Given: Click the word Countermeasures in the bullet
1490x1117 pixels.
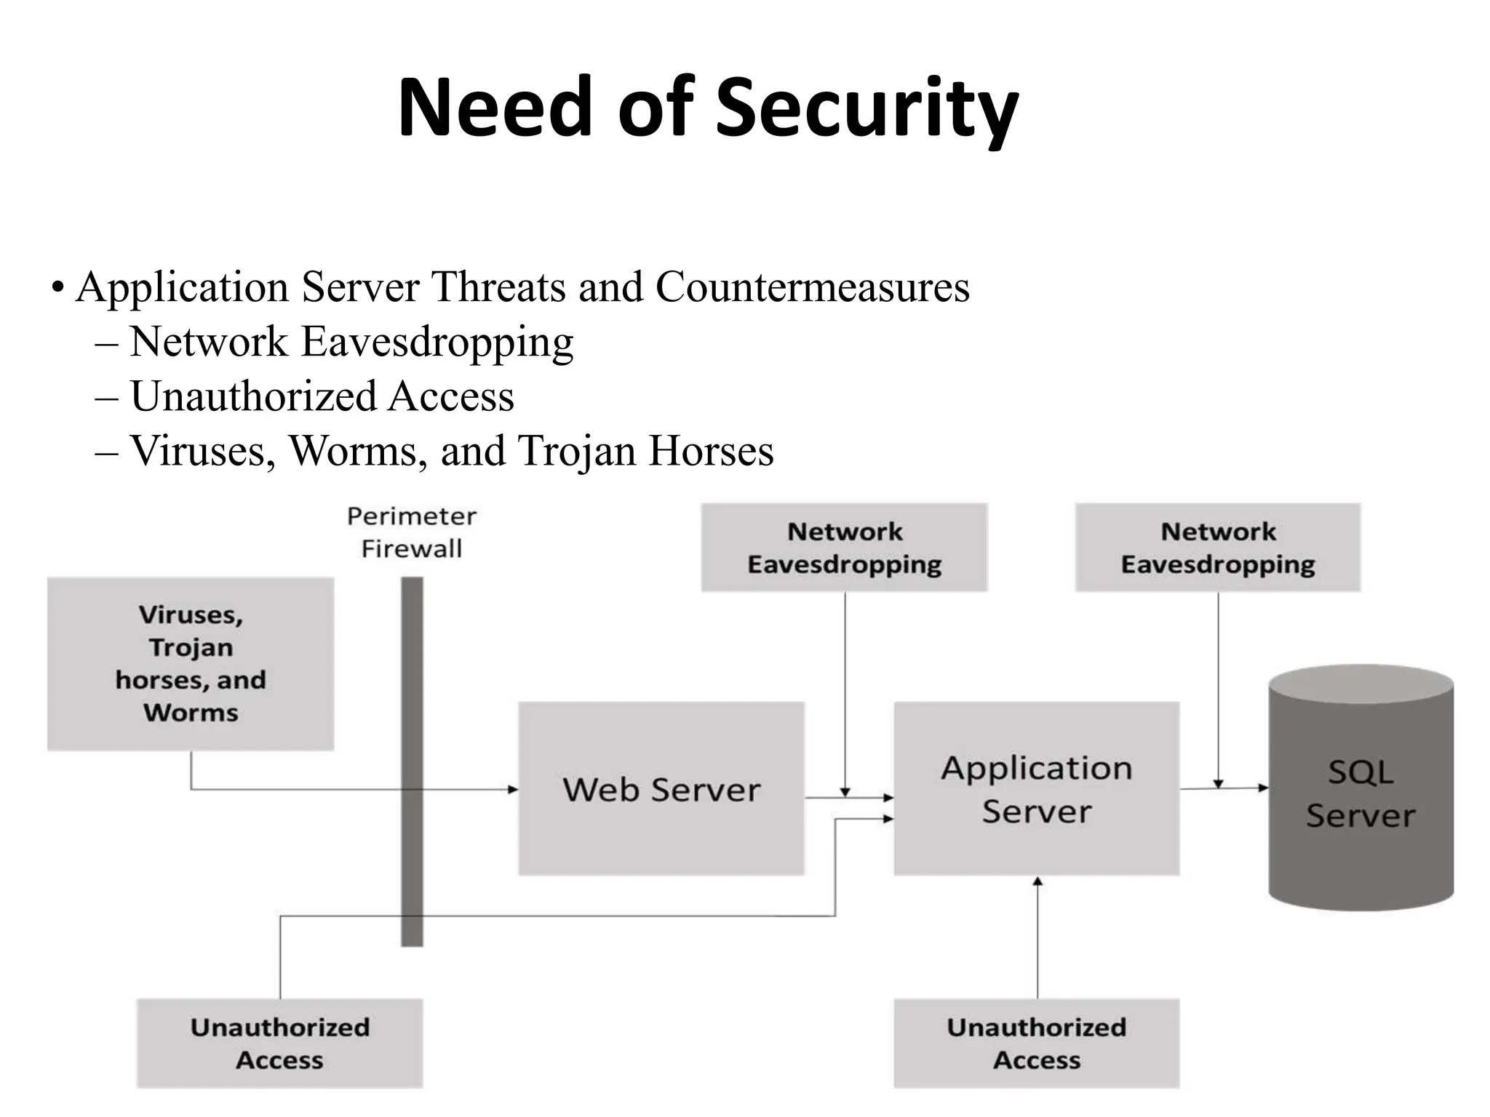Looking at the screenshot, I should point(812,287).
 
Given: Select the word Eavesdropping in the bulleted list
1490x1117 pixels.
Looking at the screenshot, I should point(437,342).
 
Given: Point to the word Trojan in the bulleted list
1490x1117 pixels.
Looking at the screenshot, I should point(575,451).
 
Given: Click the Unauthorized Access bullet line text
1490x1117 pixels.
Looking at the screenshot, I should point(322,396).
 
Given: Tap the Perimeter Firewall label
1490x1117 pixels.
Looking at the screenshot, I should point(412,532).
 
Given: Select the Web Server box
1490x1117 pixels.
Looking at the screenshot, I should point(661,788).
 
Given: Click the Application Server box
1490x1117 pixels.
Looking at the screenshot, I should point(1036,788).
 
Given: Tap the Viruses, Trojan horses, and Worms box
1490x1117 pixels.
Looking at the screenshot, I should point(191,663).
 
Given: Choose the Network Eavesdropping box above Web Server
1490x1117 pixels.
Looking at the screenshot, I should point(844,548).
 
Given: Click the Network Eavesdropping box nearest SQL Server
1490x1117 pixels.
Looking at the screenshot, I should point(1218,548).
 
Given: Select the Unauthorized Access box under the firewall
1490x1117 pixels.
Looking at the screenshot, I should point(279,1043).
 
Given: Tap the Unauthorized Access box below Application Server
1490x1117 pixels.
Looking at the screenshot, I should point(1036,1043).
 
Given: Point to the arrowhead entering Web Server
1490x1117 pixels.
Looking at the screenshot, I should point(513,789).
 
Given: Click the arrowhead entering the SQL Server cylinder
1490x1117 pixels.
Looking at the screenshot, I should point(1264,788).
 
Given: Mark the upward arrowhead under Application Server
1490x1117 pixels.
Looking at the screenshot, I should point(1037,881).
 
